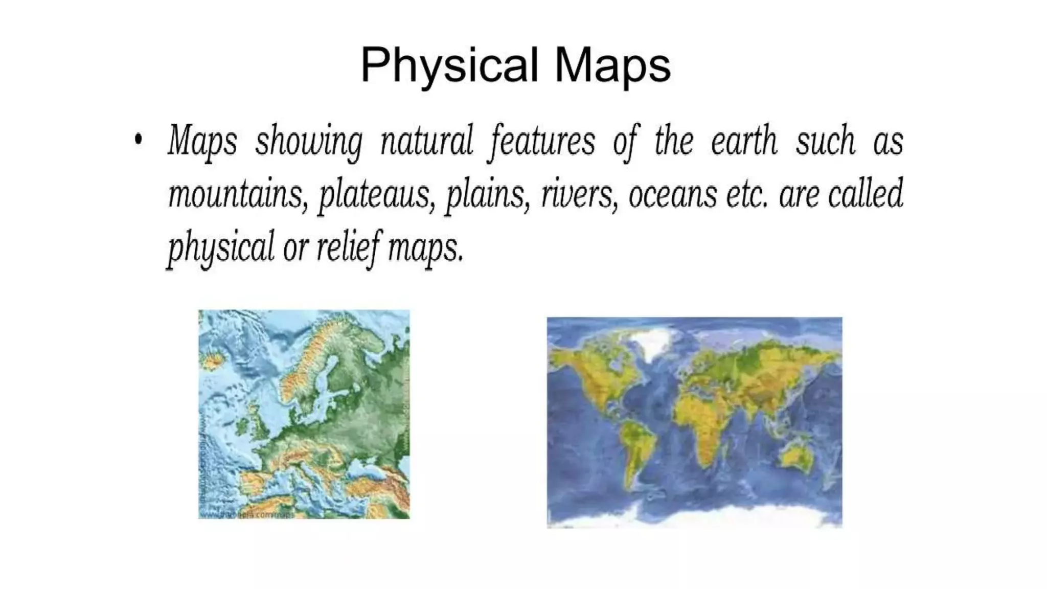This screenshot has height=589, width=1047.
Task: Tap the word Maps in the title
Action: pyautogui.click(x=612, y=65)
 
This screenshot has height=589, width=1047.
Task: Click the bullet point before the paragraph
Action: pyautogui.click(x=138, y=139)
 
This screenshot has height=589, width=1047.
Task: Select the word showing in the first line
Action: pyautogui.click(x=309, y=141)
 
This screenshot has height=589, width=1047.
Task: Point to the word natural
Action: pyautogui.click(x=427, y=140)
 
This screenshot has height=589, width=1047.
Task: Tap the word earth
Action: pyautogui.click(x=744, y=140)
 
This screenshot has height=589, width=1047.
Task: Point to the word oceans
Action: pyautogui.click(x=672, y=194)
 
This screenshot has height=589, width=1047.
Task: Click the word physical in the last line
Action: pyautogui.click(x=221, y=248)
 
